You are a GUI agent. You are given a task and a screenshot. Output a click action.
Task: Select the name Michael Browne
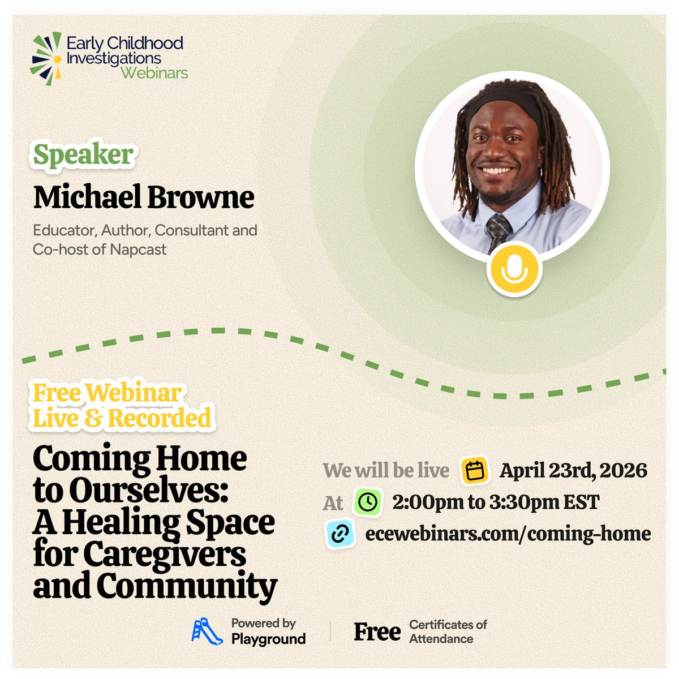tap(144, 197)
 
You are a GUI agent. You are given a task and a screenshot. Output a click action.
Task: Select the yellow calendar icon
tap(475, 471)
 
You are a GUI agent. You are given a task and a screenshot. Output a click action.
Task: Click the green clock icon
tap(368, 502)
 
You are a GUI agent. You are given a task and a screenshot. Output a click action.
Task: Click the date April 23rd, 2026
tap(573, 471)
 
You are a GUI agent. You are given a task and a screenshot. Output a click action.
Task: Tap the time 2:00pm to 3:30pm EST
tap(495, 502)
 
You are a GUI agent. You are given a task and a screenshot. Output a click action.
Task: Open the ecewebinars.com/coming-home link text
tap(508, 534)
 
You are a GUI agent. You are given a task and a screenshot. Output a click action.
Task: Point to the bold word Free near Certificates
tap(377, 632)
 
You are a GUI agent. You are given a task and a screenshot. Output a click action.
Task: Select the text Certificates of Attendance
tap(448, 631)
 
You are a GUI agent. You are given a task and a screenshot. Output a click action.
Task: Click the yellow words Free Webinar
tap(107, 393)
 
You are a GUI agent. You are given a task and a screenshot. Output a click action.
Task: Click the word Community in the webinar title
tap(187, 586)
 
